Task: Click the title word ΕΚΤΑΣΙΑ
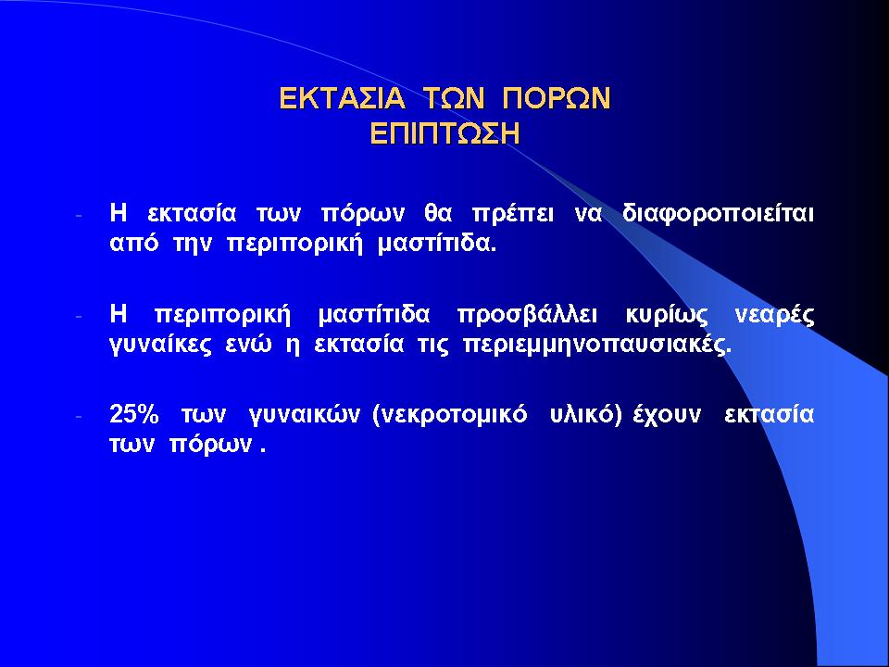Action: tap(343, 98)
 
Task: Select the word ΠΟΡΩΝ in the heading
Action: tap(556, 98)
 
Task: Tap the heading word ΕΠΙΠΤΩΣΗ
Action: tap(444, 133)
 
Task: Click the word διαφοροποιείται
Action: tap(719, 214)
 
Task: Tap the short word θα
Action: tap(438, 214)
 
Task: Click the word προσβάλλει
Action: tap(527, 315)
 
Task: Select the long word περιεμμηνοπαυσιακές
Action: tap(597, 345)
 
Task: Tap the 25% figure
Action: tap(133, 414)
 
